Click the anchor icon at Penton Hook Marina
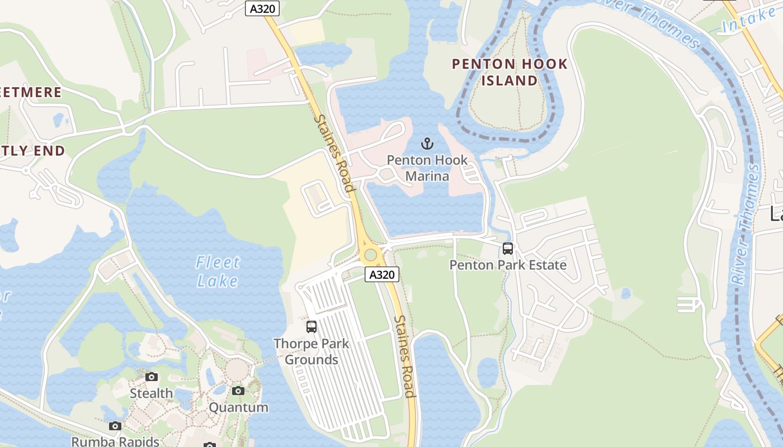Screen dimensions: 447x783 pos(427,144)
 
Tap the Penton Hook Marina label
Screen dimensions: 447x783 pos(427,168)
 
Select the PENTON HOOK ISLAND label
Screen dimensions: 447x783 pos(510,72)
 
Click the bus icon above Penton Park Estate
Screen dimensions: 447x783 pos(508,249)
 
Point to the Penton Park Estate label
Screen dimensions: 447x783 pos(508,265)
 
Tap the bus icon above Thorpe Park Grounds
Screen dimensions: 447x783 pos(312,327)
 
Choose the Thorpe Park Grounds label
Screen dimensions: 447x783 pos(312,351)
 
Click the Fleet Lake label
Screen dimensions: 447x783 pos(218,271)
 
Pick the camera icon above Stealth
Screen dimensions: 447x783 pos(152,377)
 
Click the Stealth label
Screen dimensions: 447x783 pos(152,393)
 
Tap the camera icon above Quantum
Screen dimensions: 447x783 pos(238,391)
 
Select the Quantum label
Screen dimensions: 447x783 pos(238,407)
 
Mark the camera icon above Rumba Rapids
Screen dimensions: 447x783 pos(115,426)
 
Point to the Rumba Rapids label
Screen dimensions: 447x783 pos(115,441)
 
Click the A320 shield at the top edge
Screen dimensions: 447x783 pos(262,9)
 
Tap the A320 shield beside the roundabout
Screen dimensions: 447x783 pos(383,274)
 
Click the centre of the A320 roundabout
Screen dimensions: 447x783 pos(370,255)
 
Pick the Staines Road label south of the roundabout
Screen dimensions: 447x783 pos(405,356)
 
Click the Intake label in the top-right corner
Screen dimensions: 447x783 pos(749,20)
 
